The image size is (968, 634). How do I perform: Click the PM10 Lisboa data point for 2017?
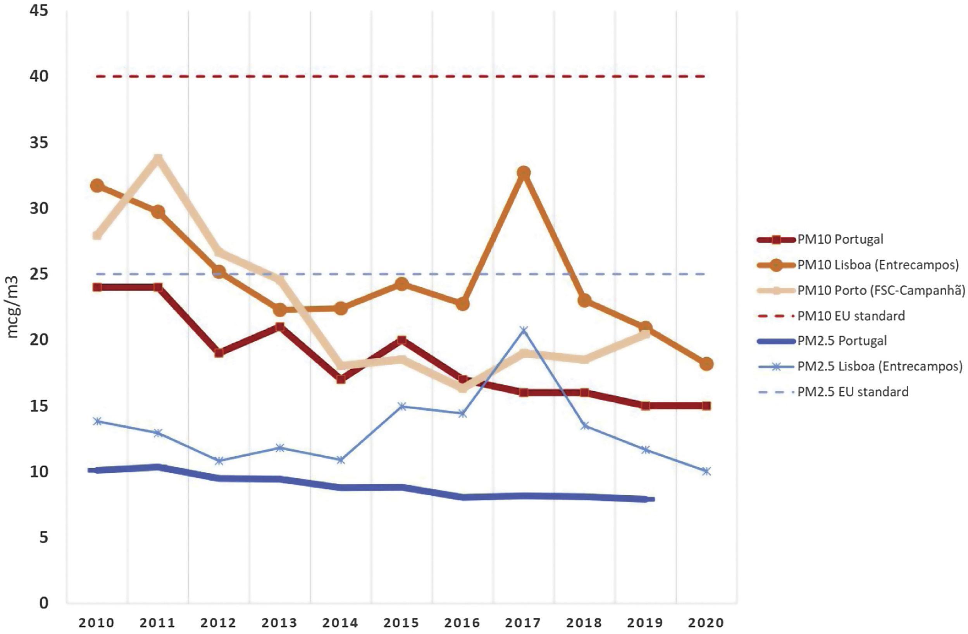pyautogui.click(x=524, y=173)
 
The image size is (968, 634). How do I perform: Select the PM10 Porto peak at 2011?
pyautogui.click(x=158, y=157)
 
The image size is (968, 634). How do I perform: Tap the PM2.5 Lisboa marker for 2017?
pyautogui.click(x=524, y=329)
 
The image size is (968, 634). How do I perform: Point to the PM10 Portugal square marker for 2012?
pyautogui.click(x=219, y=353)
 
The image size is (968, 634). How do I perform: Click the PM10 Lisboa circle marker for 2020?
pyautogui.click(x=706, y=364)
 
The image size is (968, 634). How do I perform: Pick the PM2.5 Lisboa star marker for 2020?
pyautogui.click(x=706, y=471)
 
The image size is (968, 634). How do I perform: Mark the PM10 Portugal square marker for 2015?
pyautogui.click(x=401, y=340)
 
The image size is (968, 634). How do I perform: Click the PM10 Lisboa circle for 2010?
pyautogui.click(x=97, y=186)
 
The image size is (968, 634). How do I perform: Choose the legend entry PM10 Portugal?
pyautogui.click(x=840, y=239)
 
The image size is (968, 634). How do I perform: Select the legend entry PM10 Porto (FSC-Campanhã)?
pyautogui.click(x=880, y=290)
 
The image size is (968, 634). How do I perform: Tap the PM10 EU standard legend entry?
pyautogui.click(x=851, y=315)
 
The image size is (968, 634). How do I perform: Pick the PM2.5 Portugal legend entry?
pyautogui.click(x=842, y=341)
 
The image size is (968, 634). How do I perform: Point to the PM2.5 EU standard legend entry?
pyautogui.click(x=853, y=392)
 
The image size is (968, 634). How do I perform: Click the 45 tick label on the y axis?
pyautogui.click(x=39, y=10)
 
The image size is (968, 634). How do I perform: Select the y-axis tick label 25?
pyautogui.click(x=39, y=274)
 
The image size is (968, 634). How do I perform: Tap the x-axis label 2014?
pyautogui.click(x=340, y=623)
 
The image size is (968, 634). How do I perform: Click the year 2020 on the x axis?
pyautogui.click(x=706, y=623)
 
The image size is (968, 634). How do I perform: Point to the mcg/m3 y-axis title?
pyautogui.click(x=13, y=307)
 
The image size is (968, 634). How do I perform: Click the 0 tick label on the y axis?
pyautogui.click(x=44, y=603)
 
